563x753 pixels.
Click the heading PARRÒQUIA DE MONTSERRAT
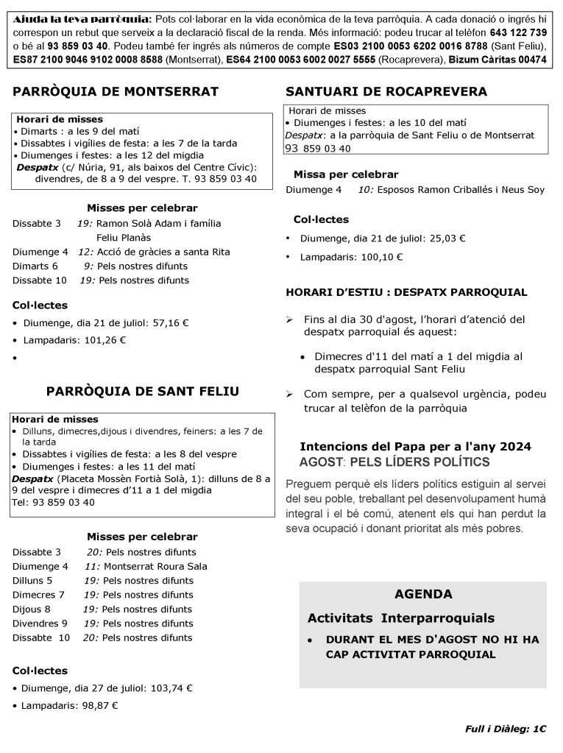coord(116,92)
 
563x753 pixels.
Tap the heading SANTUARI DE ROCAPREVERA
coord(386,92)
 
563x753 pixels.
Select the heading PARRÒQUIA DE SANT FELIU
coord(142,392)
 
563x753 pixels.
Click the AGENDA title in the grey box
coord(423,594)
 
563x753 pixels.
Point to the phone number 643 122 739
coord(518,33)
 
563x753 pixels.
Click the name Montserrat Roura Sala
coord(155,566)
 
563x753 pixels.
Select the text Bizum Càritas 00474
coord(498,60)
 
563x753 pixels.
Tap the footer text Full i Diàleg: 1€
coord(506,729)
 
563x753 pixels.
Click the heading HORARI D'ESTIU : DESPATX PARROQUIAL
coord(406,292)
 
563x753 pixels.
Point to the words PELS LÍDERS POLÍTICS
coord(419,462)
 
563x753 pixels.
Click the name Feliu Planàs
coord(124,238)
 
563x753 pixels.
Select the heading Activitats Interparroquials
coord(401,618)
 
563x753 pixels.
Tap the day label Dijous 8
coord(32,609)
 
